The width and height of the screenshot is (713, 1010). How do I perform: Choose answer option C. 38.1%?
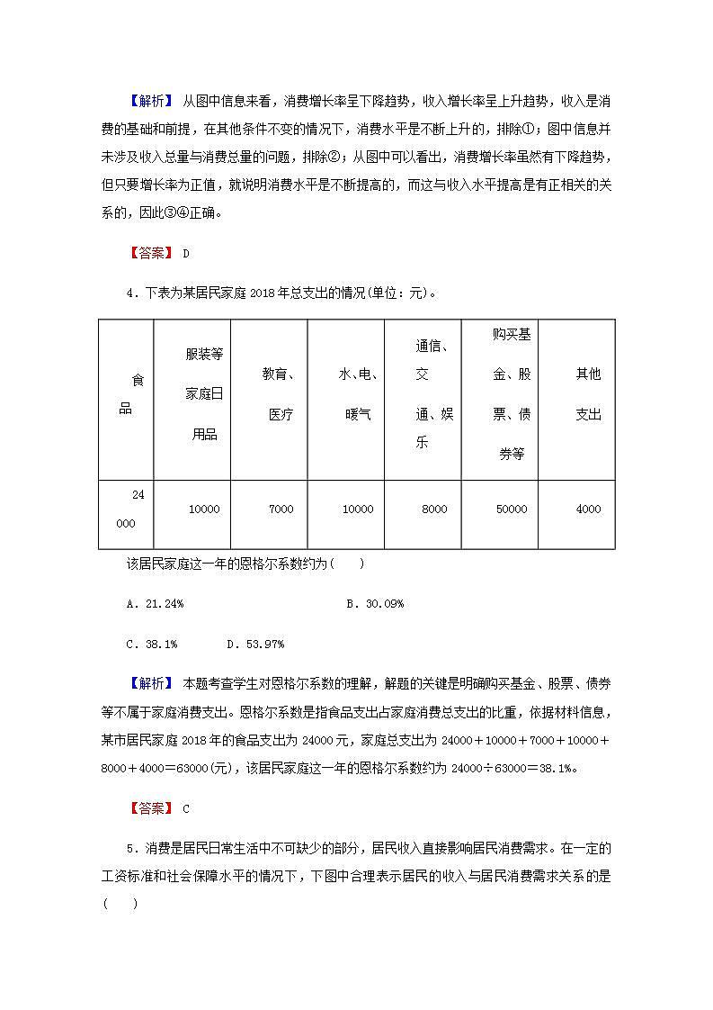tap(152, 644)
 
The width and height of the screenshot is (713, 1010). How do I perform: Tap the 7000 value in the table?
tap(281, 510)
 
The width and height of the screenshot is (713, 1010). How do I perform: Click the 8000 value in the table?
tap(434, 510)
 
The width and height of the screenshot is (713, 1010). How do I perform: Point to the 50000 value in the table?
tap(512, 510)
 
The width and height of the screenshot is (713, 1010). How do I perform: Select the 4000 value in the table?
tap(588, 510)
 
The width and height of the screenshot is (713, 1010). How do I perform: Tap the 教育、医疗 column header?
tap(281, 394)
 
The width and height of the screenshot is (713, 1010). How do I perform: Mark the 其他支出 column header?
tap(588, 394)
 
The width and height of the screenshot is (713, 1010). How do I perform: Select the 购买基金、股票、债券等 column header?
tap(512, 394)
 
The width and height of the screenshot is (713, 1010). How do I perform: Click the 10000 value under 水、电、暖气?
tap(358, 510)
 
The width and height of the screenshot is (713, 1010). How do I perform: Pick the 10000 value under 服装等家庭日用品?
tap(204, 510)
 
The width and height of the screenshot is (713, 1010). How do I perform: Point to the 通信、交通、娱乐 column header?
tap(434, 394)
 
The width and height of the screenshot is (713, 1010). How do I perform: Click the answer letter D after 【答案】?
tap(186, 253)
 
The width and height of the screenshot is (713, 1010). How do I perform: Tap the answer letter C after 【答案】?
tap(186, 808)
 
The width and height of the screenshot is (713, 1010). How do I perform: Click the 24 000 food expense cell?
tap(126, 510)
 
